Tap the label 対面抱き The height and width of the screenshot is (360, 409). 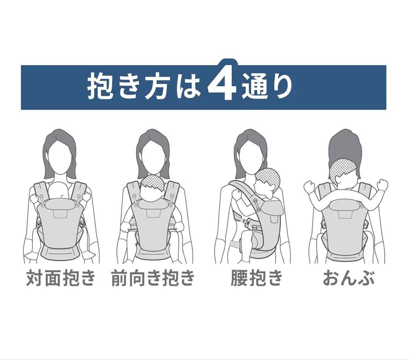(x=61, y=278)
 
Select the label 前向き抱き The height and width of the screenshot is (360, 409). (x=153, y=278)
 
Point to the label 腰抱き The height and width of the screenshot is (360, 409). (x=256, y=278)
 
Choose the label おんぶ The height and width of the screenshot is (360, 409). (x=348, y=278)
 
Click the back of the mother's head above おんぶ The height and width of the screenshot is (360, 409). (x=345, y=148)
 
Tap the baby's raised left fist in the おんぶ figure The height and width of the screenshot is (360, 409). (x=310, y=187)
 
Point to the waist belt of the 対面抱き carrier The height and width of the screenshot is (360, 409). (x=60, y=253)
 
